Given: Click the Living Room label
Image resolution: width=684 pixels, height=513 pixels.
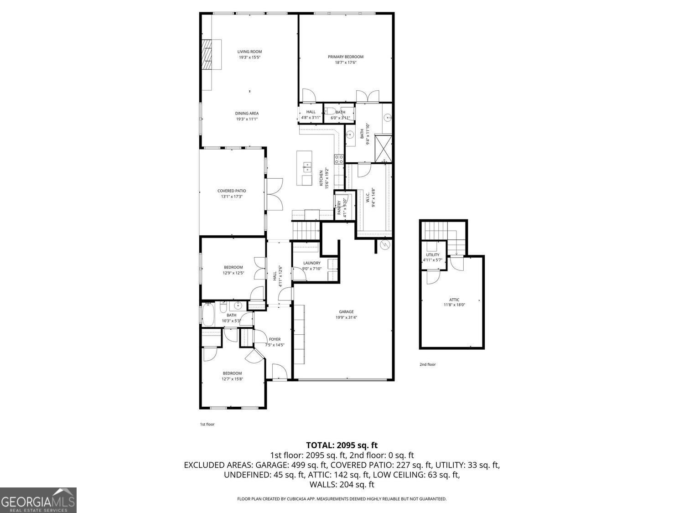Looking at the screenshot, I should tap(249, 52).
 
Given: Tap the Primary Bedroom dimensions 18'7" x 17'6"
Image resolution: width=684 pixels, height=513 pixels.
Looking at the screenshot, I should tap(345, 62).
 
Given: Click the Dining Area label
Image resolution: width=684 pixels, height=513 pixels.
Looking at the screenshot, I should tap(247, 114).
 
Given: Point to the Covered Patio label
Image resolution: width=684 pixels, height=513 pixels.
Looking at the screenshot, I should tap(232, 191).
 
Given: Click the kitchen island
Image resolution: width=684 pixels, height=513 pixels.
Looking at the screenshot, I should tap(304, 168).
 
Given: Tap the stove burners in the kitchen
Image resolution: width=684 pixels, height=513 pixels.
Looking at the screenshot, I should tap(339, 159).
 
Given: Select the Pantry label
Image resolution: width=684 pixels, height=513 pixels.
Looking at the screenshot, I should tap(339, 207).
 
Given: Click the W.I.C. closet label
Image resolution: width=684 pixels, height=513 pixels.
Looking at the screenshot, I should tap(368, 197).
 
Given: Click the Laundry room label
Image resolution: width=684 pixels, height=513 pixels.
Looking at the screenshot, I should tap(312, 263).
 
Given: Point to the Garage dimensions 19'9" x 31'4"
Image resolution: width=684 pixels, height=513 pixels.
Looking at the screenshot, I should tap(346, 318).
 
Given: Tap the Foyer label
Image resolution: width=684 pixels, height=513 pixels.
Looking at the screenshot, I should tap(275, 339).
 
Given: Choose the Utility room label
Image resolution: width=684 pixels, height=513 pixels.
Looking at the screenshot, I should tap(433, 255).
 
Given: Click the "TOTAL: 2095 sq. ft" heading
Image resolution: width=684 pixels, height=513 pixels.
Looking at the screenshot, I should tap(342, 445).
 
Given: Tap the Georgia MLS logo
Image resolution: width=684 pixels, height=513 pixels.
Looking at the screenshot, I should tap(38, 500).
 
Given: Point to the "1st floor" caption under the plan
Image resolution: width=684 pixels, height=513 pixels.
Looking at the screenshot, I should tap(207, 425).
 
